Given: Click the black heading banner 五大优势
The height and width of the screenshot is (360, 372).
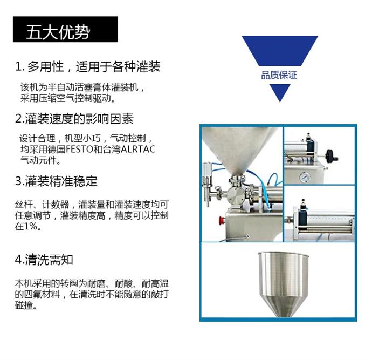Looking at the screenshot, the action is [x=65, y=29].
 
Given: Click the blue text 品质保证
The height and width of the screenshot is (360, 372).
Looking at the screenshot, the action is [x=279, y=75].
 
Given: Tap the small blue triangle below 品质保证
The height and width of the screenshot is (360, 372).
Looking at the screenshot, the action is [x=280, y=92].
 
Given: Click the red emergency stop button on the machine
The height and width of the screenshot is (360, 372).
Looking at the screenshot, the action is [x=222, y=220].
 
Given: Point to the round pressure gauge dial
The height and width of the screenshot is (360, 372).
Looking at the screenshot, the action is [x=305, y=177].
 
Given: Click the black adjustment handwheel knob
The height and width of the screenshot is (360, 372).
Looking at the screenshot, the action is [x=331, y=156].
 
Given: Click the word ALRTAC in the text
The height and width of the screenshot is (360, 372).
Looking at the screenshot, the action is [x=138, y=150].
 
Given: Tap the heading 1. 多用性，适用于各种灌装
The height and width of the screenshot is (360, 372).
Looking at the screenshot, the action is [x=87, y=66].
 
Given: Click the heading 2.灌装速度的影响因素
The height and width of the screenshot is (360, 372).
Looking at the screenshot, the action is [x=74, y=119].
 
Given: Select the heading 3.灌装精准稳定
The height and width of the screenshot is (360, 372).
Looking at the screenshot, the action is [x=56, y=181].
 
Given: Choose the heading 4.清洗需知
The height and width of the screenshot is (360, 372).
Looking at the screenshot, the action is [x=44, y=260].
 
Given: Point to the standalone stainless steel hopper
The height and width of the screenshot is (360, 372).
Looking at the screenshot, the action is [x=284, y=284].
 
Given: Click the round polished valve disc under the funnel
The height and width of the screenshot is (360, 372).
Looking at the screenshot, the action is [x=235, y=195].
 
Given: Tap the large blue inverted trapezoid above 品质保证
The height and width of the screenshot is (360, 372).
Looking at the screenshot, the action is [x=280, y=51].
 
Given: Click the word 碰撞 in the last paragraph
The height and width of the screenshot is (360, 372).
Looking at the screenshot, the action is [x=24, y=305].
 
